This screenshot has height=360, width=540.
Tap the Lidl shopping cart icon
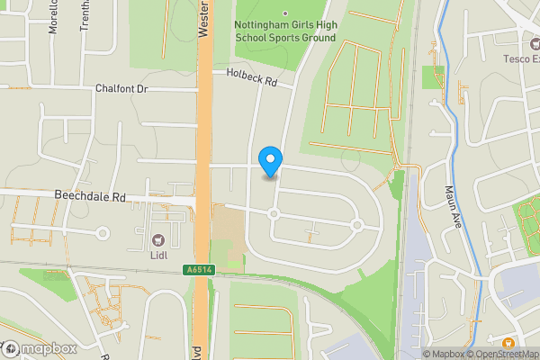[x=158, y=239]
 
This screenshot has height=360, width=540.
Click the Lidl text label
[x=158, y=256]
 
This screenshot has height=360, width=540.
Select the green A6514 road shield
[x=200, y=270]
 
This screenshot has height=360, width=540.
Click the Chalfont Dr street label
[x=121, y=89]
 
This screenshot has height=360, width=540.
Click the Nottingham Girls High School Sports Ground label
[x=284, y=31]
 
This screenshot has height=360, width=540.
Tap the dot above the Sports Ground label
[x=285, y=13]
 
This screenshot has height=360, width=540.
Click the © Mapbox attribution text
[x=443, y=354]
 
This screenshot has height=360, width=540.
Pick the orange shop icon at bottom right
[x=508, y=343]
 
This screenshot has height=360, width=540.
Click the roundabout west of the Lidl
[x=103, y=233]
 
